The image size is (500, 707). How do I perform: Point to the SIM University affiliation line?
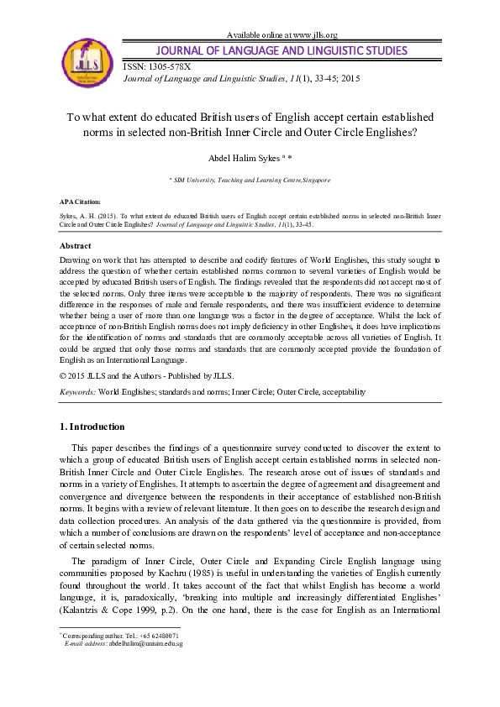click(x=250, y=180)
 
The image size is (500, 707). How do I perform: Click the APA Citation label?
click(x=80, y=202)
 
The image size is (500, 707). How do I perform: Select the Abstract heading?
click(x=76, y=246)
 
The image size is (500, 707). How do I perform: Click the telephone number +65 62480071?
click(x=151, y=636)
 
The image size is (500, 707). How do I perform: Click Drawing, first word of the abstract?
click(x=77, y=261)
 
